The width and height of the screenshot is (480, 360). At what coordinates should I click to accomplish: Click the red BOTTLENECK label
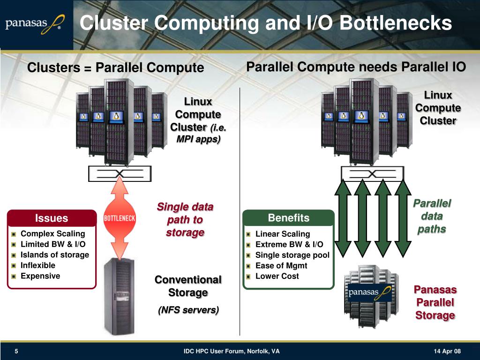120,218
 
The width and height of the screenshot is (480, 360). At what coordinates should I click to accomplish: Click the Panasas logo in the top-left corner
35,24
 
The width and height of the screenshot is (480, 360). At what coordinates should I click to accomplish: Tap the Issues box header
52,218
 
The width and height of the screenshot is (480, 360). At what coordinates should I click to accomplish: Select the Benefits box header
288,217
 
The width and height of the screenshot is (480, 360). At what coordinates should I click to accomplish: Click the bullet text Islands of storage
55,255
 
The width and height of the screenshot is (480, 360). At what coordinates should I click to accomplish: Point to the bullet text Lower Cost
277,276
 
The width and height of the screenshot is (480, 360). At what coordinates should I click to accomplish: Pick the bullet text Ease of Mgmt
281,266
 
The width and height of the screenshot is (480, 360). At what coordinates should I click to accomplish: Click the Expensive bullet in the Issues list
40,276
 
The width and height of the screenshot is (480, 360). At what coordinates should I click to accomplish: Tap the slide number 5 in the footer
16,351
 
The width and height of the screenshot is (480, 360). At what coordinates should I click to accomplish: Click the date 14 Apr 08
447,351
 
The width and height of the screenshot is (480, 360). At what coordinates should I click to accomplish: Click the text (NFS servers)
188,310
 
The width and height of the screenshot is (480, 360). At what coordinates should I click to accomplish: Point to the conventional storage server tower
119,296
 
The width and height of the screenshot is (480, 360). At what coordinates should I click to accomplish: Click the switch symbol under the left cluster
120,173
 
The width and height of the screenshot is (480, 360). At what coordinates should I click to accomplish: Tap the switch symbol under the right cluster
372,174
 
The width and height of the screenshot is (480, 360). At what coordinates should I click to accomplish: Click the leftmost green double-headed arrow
343,218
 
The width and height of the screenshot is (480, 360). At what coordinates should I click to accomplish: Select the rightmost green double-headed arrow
403,218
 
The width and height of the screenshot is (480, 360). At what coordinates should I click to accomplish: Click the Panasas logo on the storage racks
369,292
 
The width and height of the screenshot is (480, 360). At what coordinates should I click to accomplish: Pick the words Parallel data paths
432,216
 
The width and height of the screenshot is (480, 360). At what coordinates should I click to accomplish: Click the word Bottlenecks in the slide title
396,23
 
